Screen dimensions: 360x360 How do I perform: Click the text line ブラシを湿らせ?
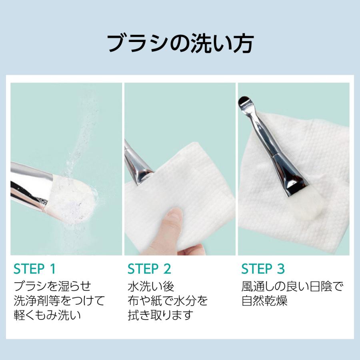pyautogui.click(x=52, y=286)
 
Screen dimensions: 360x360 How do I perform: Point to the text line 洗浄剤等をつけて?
pyautogui.click(x=59, y=301)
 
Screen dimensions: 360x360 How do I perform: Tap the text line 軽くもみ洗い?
pyautogui.click(x=47, y=315)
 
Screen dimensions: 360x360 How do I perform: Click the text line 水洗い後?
pyautogui.click(x=151, y=286)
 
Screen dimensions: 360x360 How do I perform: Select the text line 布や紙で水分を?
pyautogui.click(x=168, y=301)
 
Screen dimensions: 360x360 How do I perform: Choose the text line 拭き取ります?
pyautogui.click(x=161, y=315)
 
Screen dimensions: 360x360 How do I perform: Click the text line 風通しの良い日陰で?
pyautogui.click(x=292, y=286)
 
